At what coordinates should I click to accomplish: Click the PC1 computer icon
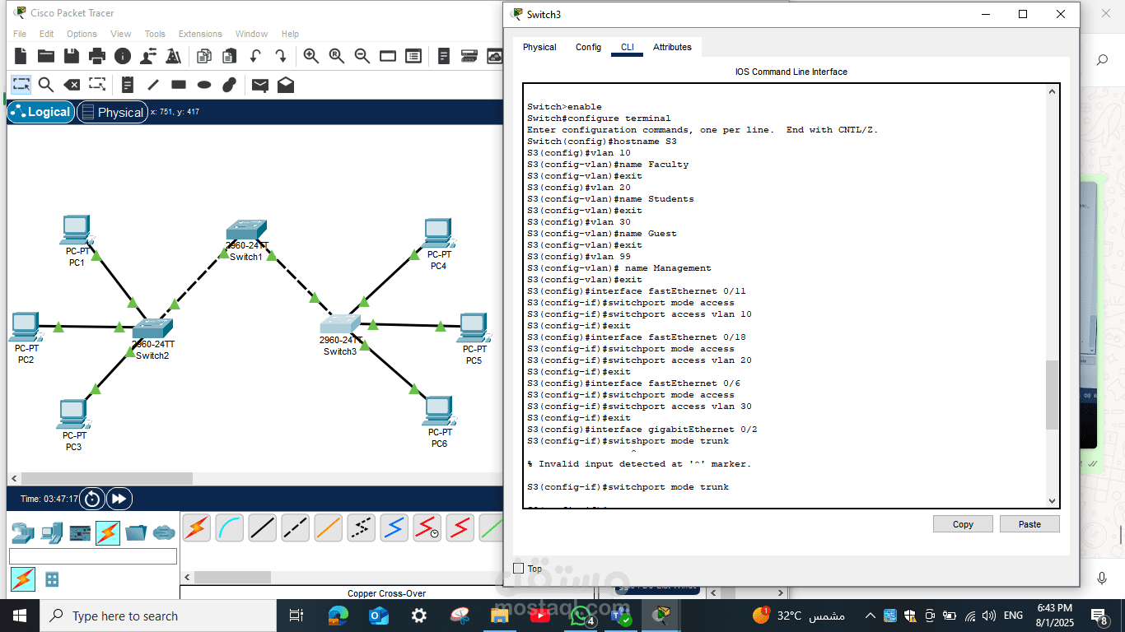76,230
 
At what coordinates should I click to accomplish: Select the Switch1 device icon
246,230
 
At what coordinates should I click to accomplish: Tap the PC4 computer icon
437,233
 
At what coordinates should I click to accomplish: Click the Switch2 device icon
152,328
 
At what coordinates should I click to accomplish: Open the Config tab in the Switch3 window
588,47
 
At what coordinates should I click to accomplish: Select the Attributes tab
672,47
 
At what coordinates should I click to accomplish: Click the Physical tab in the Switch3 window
539,47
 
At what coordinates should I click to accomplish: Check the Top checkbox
519,569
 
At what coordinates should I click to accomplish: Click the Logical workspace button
41,112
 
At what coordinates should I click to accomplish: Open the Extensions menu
200,34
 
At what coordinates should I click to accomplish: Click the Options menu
82,34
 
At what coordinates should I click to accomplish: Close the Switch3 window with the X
1061,14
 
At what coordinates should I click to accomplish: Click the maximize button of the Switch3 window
1023,14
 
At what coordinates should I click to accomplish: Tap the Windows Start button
20,616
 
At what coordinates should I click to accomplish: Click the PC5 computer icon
472,327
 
